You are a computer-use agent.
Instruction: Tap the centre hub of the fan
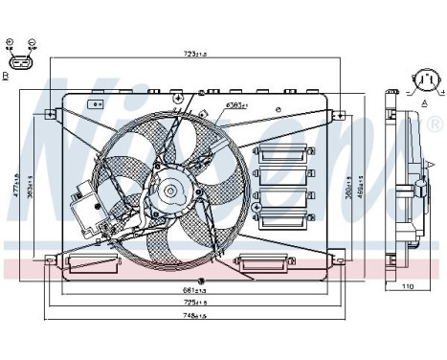tap(171, 191)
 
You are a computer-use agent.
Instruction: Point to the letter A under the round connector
tap(423, 100)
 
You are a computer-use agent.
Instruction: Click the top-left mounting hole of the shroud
tap(50, 113)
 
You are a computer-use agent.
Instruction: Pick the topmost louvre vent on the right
tap(279, 150)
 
